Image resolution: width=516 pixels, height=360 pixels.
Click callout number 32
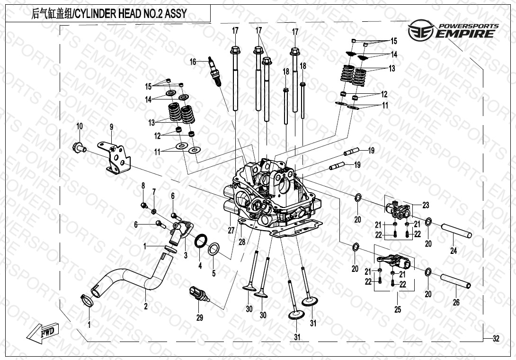[495, 339]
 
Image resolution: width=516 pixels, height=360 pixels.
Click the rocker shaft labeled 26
[456, 281]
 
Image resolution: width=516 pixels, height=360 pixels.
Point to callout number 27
[231, 231]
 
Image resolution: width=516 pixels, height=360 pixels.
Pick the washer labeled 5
[214, 248]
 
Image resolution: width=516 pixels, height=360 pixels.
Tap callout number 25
[398, 309]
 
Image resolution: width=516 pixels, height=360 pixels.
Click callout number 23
[426, 205]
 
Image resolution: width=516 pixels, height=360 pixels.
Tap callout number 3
[186, 255]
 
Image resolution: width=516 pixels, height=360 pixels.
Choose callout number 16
[193, 62]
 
